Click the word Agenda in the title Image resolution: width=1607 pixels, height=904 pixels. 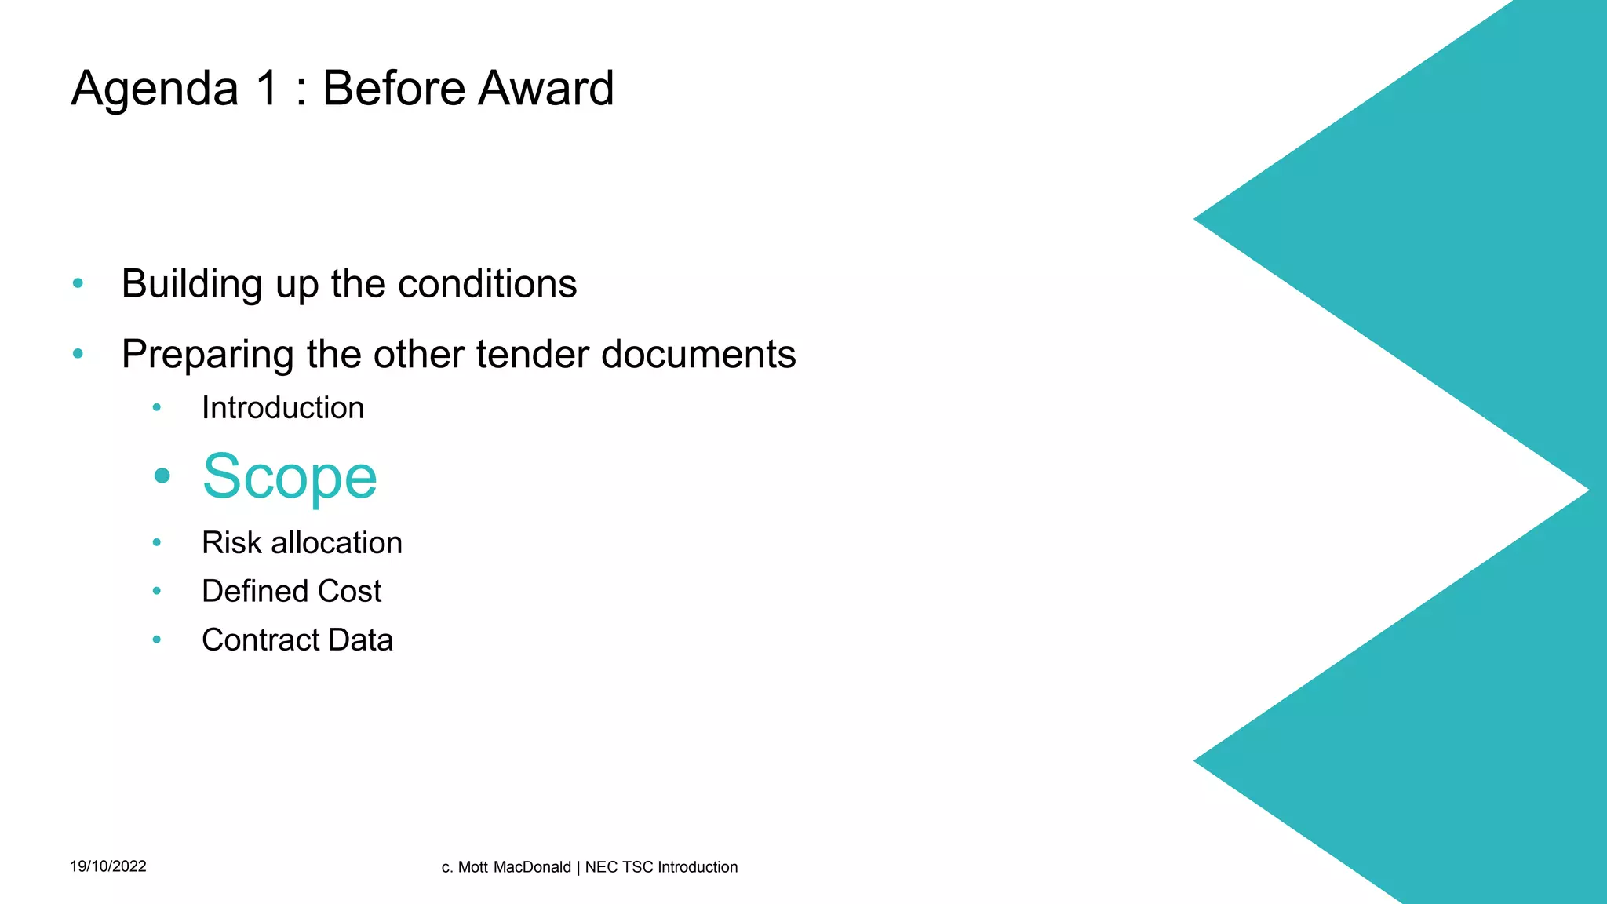point(155,89)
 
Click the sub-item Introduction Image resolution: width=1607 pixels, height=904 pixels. point(282,408)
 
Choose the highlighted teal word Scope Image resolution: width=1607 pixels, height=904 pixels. point(290,476)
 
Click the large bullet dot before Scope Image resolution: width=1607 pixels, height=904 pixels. point(162,476)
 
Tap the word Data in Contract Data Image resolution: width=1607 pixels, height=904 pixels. point(361,640)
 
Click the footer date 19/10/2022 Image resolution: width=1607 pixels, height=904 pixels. point(108,866)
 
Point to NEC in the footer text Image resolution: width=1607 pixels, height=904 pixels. point(601,867)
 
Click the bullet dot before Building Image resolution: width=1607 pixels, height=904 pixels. point(78,283)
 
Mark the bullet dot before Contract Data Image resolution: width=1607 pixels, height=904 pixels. point(157,640)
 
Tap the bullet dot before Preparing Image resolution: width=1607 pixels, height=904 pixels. point(78,354)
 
